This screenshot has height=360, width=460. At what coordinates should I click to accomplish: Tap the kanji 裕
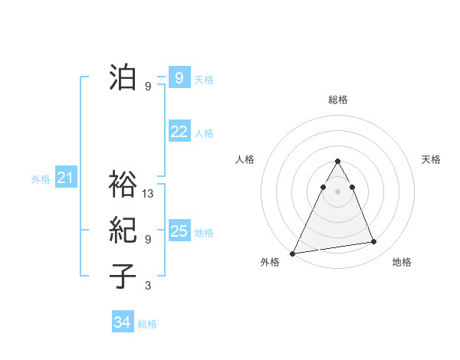click(x=123, y=185)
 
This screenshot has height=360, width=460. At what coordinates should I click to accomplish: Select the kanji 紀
click(x=123, y=231)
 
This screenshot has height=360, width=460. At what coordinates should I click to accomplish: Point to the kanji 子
click(x=123, y=277)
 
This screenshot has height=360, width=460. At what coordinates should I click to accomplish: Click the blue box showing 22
click(x=179, y=132)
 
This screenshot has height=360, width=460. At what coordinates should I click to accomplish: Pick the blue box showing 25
click(x=179, y=231)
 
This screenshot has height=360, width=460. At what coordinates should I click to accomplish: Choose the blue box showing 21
click(x=65, y=178)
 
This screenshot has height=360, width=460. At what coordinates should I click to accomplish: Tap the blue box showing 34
click(x=122, y=322)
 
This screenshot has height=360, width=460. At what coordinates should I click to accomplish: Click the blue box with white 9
click(x=179, y=77)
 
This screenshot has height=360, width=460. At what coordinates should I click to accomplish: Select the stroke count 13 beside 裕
click(x=149, y=194)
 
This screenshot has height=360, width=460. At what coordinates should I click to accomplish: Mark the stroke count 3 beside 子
click(x=148, y=286)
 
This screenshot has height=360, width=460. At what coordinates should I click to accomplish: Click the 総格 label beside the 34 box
click(x=147, y=324)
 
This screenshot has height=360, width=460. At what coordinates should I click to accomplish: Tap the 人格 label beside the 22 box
click(x=204, y=133)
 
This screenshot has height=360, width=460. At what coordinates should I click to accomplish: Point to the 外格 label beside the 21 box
click(x=41, y=180)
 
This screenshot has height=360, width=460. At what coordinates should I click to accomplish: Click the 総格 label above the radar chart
click(x=337, y=100)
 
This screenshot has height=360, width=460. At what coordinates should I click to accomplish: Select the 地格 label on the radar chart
click(x=402, y=262)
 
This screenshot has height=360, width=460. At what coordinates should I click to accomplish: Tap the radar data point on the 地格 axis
click(x=374, y=242)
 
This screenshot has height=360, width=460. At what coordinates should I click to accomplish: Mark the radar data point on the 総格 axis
click(x=337, y=161)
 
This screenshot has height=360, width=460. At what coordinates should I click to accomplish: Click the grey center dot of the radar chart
click(x=337, y=191)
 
